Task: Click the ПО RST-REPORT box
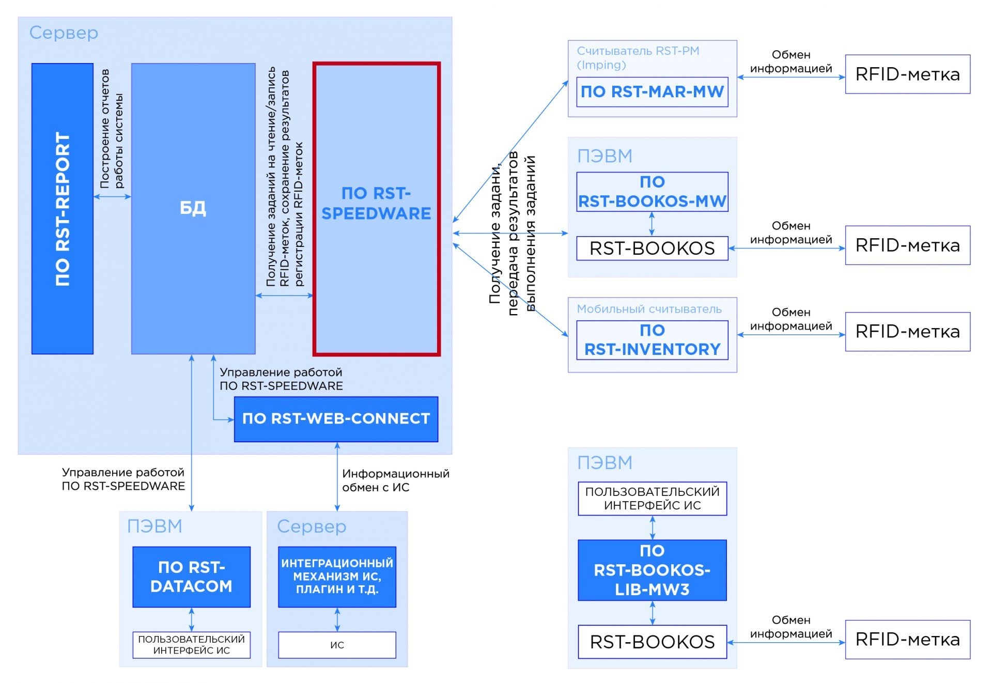63,209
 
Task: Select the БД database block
193,209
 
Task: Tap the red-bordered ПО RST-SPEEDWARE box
377,209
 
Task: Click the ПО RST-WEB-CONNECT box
336,419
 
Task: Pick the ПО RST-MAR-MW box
652,92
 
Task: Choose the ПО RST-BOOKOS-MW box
652,192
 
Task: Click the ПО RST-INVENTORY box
652,340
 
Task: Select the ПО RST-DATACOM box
191,577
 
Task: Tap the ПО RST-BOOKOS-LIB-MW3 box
652,570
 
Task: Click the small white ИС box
337,645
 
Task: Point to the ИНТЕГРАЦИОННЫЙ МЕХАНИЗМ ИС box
337,577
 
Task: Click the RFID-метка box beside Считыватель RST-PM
908,74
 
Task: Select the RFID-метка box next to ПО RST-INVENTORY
908,332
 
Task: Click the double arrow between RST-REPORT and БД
112,196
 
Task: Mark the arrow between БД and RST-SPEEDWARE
285,296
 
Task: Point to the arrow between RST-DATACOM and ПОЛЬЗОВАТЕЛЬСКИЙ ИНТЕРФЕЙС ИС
191,619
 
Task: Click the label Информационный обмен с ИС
396,480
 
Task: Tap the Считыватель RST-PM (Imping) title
638,58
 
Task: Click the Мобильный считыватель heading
649,309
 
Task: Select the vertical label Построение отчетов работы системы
112,129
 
